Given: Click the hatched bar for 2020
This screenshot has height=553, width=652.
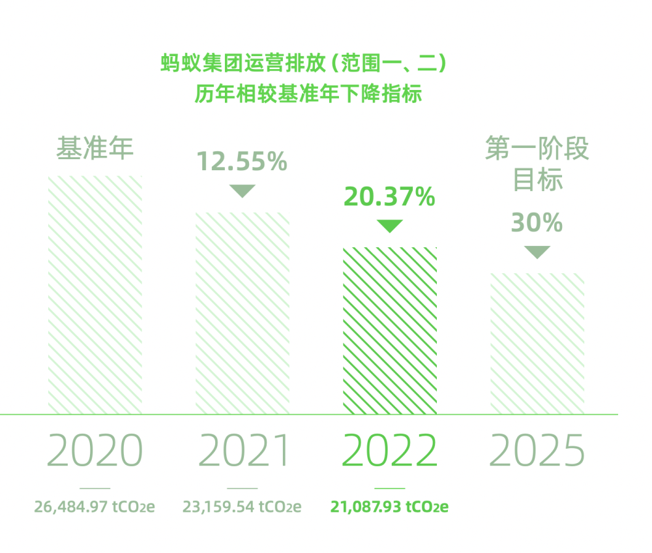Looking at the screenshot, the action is (x=95, y=295).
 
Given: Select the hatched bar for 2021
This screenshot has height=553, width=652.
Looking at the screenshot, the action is (x=243, y=313).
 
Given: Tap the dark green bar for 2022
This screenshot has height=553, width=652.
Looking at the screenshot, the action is (x=390, y=331).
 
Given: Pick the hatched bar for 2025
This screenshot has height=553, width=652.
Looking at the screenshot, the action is (x=537, y=344).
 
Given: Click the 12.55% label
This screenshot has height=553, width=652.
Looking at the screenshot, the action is (x=242, y=161).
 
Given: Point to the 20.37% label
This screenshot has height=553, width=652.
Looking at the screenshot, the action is (x=390, y=197).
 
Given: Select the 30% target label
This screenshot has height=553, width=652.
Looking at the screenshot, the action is (x=537, y=222).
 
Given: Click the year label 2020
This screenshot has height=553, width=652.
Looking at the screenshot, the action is (x=95, y=450).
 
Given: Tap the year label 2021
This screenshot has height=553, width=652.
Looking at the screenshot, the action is (x=243, y=450).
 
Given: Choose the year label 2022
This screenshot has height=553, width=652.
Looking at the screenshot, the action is (x=390, y=450).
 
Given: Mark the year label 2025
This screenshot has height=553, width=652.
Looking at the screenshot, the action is (x=537, y=450).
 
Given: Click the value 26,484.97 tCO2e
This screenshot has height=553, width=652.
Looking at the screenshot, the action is (x=95, y=507).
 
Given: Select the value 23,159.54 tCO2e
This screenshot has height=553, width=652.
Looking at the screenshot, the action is (x=242, y=507).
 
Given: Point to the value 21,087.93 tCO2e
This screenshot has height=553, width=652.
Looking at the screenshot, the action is (x=390, y=507).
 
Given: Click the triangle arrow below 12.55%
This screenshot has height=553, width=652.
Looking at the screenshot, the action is (x=243, y=190).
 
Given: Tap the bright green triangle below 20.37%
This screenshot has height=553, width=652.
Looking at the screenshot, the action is (x=390, y=226).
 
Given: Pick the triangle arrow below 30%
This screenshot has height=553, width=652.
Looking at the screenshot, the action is (x=537, y=252).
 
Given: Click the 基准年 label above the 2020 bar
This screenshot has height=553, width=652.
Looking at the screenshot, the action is (x=95, y=148).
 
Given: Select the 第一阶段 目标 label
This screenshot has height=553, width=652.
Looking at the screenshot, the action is (x=537, y=164).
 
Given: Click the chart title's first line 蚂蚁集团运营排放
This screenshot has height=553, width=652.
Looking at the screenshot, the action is (x=243, y=63).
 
